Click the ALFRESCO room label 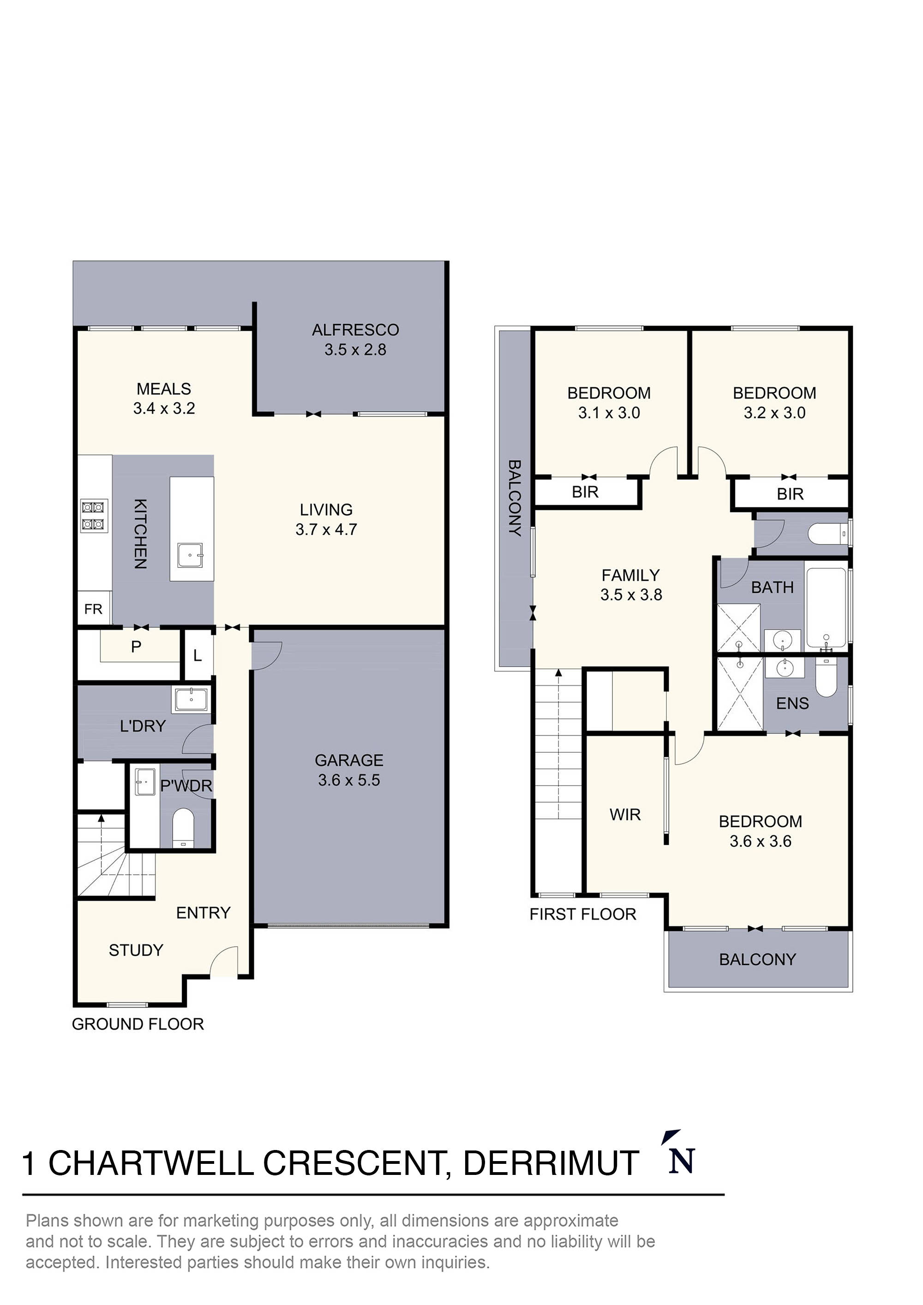click(x=355, y=330)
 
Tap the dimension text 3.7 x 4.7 click(x=326, y=529)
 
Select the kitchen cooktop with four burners click(x=95, y=514)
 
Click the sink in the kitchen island click(x=190, y=555)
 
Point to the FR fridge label click(x=93, y=609)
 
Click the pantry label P click(x=136, y=647)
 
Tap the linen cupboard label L click(x=198, y=656)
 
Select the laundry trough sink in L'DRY click(x=191, y=700)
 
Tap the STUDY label click(x=136, y=950)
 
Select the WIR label click(x=625, y=815)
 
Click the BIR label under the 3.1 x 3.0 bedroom click(x=585, y=492)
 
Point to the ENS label click(x=792, y=703)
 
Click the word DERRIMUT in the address click(x=551, y=1163)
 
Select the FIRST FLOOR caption click(x=582, y=914)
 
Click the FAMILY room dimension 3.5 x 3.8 click(x=631, y=595)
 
